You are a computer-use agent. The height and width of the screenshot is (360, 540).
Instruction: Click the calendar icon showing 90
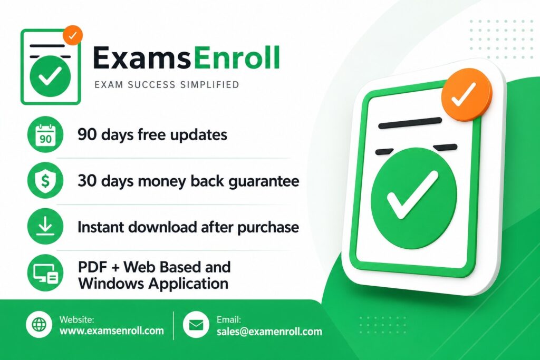pyautogui.click(x=45, y=135)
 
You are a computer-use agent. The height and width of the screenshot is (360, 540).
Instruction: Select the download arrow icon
pyautogui.click(x=45, y=227)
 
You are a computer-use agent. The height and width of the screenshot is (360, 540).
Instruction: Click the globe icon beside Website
pyautogui.click(x=39, y=325)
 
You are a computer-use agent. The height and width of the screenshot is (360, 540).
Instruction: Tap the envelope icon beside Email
pyautogui.click(x=196, y=325)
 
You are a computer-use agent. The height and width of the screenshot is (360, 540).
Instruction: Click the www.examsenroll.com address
pyautogui.click(x=111, y=332)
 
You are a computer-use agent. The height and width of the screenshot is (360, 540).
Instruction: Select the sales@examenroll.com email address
pyautogui.click(x=269, y=332)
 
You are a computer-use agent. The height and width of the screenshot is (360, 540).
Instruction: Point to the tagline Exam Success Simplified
pyautogui.click(x=166, y=84)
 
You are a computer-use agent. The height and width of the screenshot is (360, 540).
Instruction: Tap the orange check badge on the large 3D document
pyautogui.click(x=465, y=95)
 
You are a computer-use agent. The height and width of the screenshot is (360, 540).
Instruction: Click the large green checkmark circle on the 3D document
pyautogui.click(x=413, y=198)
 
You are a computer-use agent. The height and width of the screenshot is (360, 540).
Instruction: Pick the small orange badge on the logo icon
pyautogui.click(x=72, y=35)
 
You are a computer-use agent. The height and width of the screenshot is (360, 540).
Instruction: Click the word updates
pyautogui.click(x=198, y=135)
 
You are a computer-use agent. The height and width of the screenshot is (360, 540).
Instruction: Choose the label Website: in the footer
pyautogui.click(x=76, y=319)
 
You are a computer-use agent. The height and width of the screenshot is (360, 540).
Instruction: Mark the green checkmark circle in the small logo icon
pyautogui.click(x=50, y=76)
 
